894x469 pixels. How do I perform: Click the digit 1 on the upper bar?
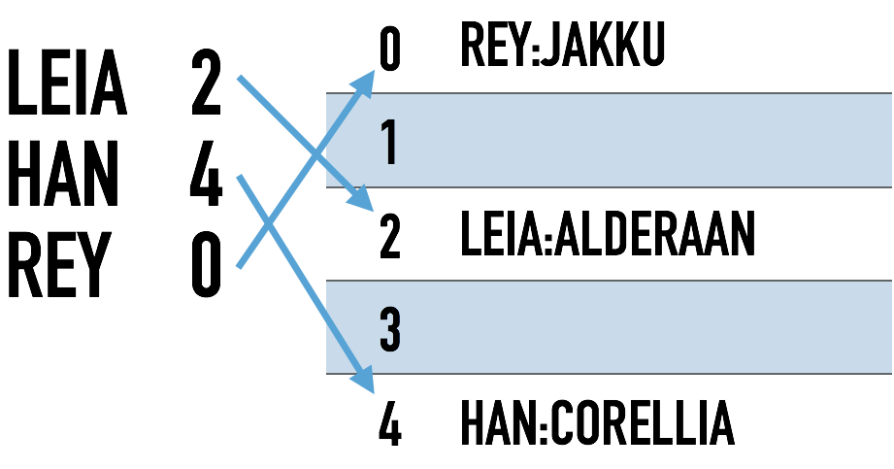(389, 143)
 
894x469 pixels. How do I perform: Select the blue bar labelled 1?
(631, 140)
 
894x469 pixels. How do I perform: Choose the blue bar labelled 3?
(631, 327)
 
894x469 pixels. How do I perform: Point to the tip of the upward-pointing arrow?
(374, 70)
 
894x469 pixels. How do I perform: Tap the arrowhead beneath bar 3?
(373, 393)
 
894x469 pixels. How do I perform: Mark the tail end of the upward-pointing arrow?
(238, 267)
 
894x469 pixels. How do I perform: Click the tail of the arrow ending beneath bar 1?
(238, 77)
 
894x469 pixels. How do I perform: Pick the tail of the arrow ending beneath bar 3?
(238, 176)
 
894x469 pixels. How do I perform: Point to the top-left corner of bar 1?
(327, 93)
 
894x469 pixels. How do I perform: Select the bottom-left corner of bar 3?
(327, 373)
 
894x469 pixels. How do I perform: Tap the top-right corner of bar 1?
(891, 93)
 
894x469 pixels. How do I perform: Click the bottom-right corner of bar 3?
(891, 373)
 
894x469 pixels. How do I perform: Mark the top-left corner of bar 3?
(327, 281)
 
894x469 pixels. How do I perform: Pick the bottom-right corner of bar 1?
(891, 186)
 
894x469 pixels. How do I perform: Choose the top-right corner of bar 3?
(891, 281)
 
